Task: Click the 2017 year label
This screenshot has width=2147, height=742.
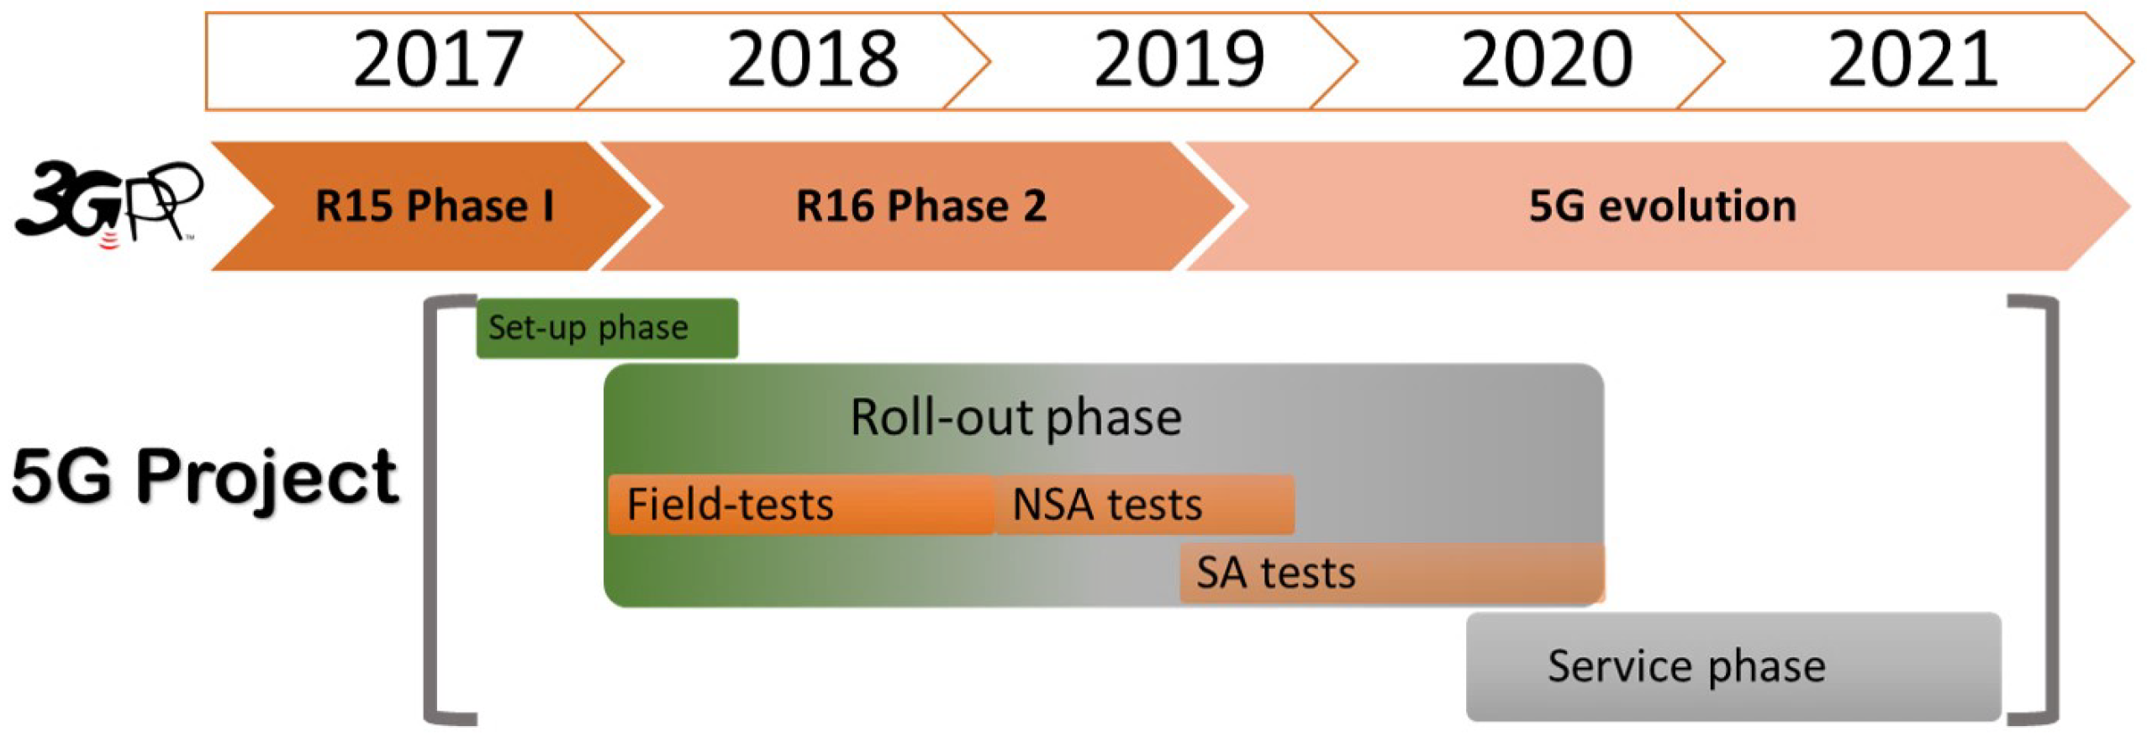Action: click(x=438, y=59)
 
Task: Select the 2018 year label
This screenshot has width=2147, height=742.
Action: click(x=812, y=59)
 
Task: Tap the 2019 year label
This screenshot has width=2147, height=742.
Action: click(x=1179, y=59)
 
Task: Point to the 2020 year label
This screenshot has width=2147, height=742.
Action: click(x=1546, y=59)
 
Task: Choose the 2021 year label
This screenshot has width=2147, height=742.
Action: click(x=1912, y=59)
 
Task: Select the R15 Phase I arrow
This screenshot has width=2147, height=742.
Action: click(x=434, y=206)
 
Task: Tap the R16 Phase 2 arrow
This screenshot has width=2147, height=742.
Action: click(x=921, y=206)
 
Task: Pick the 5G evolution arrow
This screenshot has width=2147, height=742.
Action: click(x=1661, y=206)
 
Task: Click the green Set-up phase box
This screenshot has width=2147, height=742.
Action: click(x=607, y=328)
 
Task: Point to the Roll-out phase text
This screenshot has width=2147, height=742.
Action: click(x=1015, y=417)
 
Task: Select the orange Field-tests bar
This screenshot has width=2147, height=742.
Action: click(x=800, y=505)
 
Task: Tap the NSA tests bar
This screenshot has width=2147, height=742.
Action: click(x=1143, y=505)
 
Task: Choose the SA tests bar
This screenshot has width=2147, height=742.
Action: click(x=1391, y=573)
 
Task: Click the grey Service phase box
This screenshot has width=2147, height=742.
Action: click(x=1733, y=666)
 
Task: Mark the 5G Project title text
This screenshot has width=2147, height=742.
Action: click(x=204, y=477)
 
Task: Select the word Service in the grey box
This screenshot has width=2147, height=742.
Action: click(x=1619, y=666)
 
